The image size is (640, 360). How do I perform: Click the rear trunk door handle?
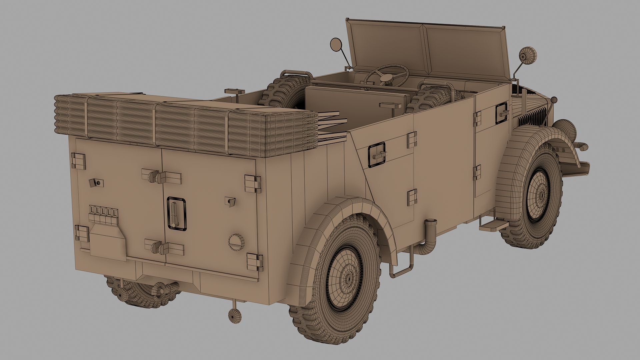176,213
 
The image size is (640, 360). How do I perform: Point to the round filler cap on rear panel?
236,240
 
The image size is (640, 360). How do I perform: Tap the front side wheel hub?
538,194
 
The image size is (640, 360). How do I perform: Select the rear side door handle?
377,154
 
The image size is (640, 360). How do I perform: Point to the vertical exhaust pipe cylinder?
431,230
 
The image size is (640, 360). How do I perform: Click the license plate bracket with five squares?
103,211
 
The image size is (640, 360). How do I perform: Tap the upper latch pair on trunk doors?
162,176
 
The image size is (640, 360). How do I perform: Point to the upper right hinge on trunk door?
253,183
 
